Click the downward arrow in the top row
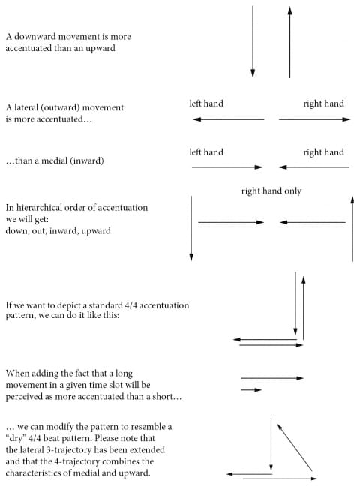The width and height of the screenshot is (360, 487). point(253,41)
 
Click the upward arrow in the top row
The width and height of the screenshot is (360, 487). point(289,41)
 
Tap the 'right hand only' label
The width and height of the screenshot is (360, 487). point(271,191)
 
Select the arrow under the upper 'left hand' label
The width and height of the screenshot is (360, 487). point(229,119)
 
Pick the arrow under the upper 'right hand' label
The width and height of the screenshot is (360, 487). point(315,119)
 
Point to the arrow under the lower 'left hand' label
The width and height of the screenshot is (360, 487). point(227,167)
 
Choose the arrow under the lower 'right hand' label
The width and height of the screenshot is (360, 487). point(314,167)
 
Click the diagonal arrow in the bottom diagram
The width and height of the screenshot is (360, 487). point(295,447)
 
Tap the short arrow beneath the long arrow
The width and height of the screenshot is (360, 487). point(251,389)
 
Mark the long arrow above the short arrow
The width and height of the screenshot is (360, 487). point(272,378)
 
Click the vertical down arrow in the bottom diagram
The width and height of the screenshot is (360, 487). point(271,445)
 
